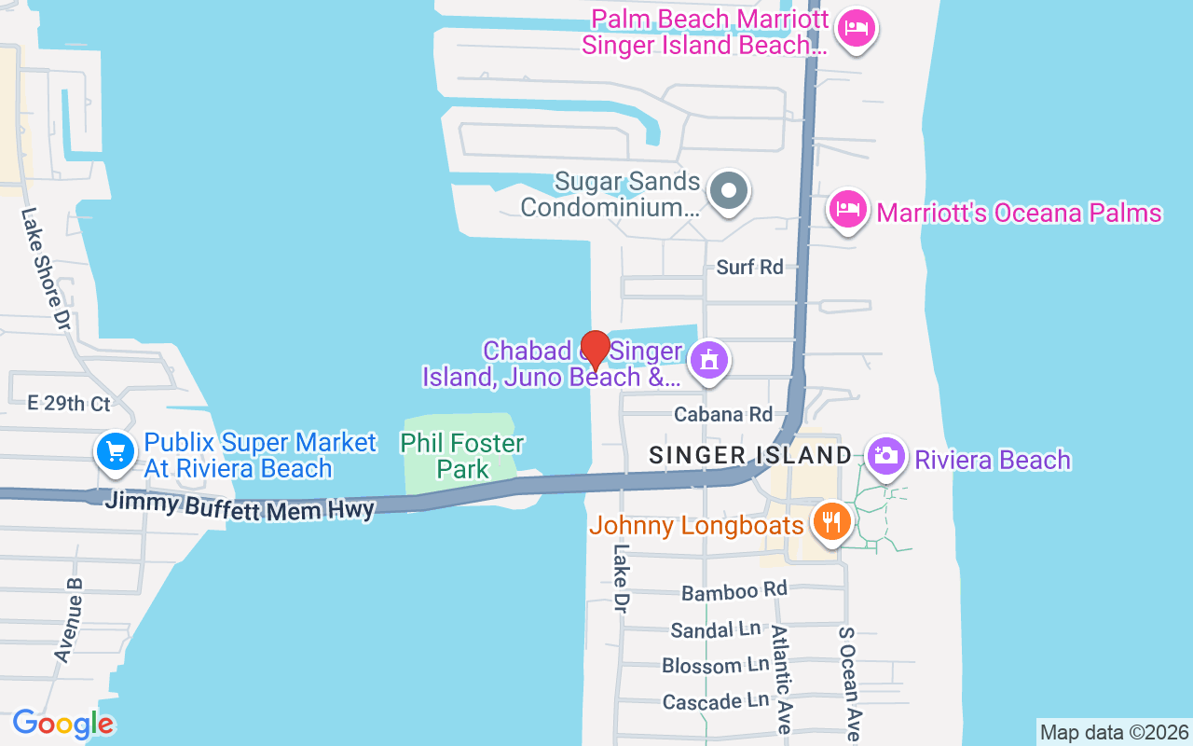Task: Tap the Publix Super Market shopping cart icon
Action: tap(115, 452)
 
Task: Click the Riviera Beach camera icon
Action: tap(885, 457)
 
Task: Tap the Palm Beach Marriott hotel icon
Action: tap(854, 29)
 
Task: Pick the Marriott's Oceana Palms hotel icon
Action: tap(847, 209)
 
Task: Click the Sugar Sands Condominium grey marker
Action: tap(729, 193)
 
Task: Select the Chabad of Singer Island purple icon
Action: tap(708, 359)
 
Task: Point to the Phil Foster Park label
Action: tap(462, 455)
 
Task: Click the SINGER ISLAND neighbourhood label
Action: tap(750, 456)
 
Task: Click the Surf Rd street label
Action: tap(749, 267)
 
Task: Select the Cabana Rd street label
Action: tap(723, 414)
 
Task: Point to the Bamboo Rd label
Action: tap(734, 591)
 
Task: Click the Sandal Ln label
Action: tap(716, 630)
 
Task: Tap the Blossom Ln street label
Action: tap(715, 666)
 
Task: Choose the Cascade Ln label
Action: tap(716, 701)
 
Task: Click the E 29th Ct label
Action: tap(69, 403)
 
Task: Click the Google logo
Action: tap(63, 724)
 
